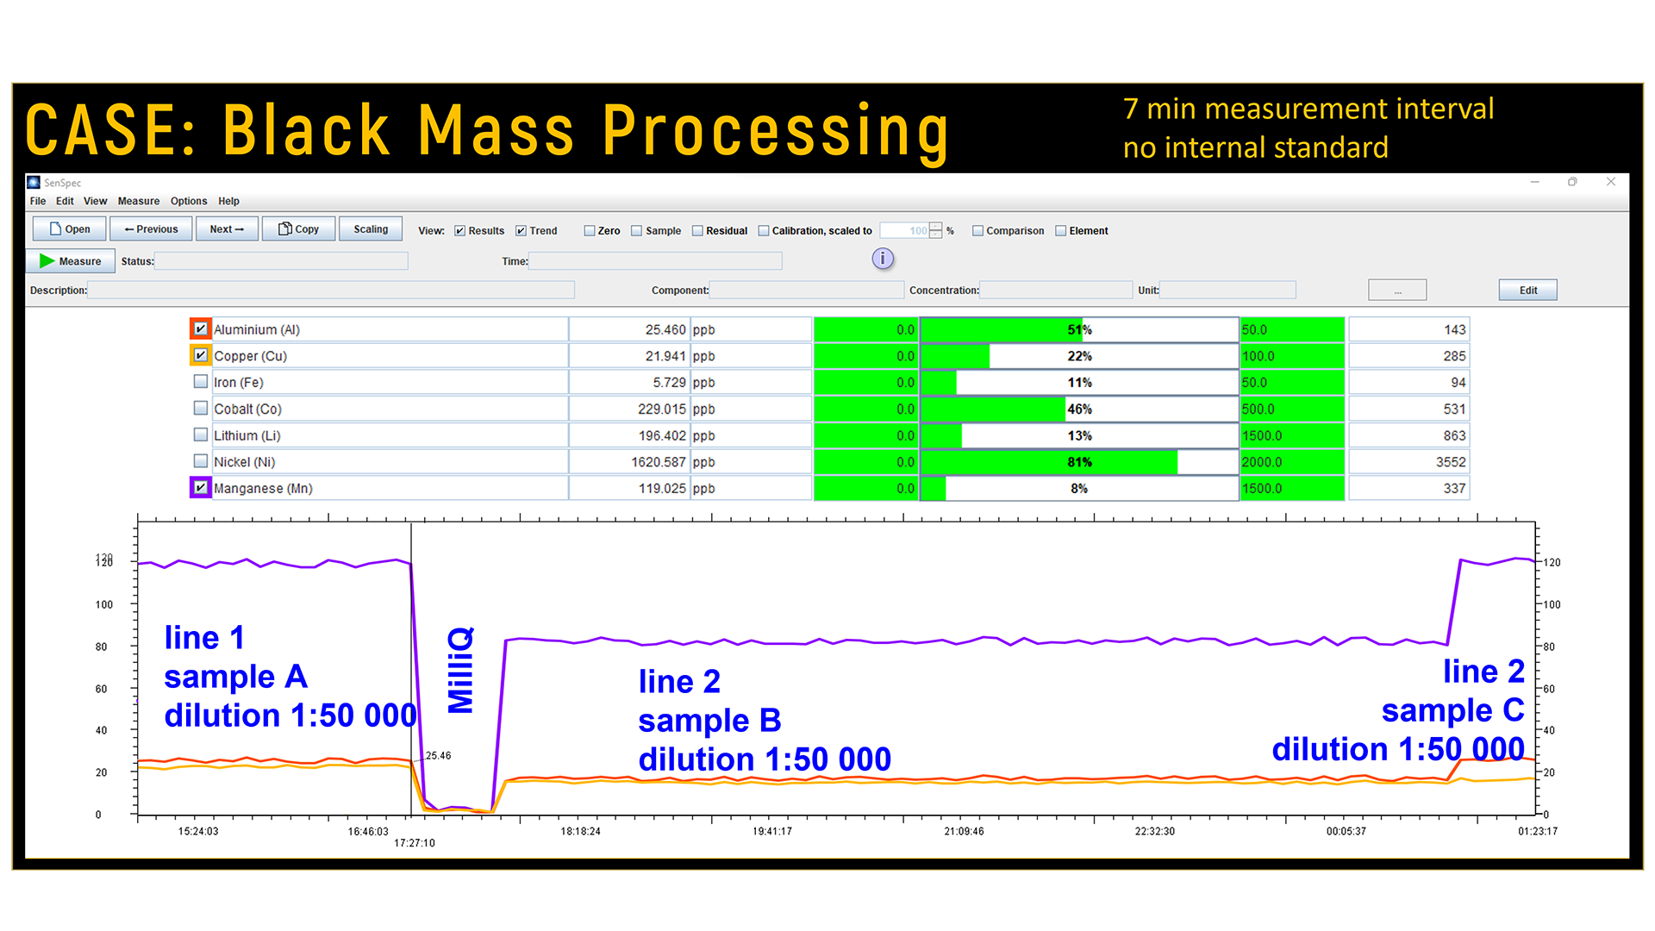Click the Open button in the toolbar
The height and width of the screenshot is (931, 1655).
click(69, 229)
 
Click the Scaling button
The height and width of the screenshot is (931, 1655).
click(371, 229)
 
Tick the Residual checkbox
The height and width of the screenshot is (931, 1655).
click(698, 231)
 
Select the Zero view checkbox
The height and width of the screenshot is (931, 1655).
click(590, 231)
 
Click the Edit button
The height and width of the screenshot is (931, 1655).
click(1527, 291)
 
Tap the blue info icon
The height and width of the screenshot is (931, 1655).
click(883, 259)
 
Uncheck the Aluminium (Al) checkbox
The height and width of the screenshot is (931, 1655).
click(201, 329)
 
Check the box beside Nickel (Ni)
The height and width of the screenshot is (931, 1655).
click(201, 462)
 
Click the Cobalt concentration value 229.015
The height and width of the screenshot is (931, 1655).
click(661, 409)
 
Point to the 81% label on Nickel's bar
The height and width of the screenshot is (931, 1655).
click(1079, 462)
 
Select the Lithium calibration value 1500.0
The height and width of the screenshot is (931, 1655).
click(1262, 436)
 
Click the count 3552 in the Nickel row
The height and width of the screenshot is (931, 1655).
click(1450, 462)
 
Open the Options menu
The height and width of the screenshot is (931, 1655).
click(189, 201)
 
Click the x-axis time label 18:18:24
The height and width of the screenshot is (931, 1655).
click(580, 832)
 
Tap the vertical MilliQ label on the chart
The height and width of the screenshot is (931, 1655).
click(460, 670)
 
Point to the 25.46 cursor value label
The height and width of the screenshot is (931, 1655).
click(438, 756)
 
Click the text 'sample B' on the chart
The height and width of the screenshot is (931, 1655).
click(709, 721)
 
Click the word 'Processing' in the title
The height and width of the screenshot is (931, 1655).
click(775, 132)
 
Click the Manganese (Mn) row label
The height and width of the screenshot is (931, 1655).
click(263, 489)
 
